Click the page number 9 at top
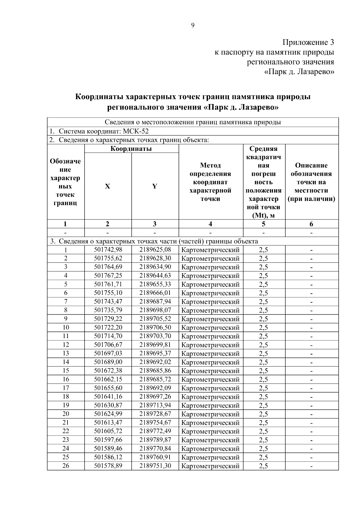click(193, 25)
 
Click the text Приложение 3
click(308, 42)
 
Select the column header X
click(107, 186)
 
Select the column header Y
click(154, 186)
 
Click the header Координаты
click(131, 149)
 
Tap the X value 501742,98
click(108, 250)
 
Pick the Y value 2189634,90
click(155, 267)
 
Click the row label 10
click(66, 328)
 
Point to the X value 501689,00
click(108, 362)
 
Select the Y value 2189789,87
click(155, 440)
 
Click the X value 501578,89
click(108, 466)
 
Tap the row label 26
click(66, 466)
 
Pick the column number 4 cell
click(211, 224)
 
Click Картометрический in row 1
click(211, 250)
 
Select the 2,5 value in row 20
click(263, 414)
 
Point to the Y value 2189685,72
click(155, 379)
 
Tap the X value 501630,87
click(108, 405)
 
